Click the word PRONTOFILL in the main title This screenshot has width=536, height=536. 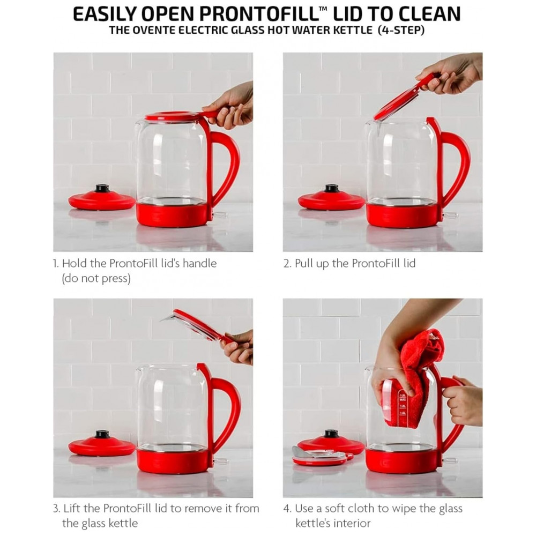(x=259, y=14)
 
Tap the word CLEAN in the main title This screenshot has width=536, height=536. (x=429, y=14)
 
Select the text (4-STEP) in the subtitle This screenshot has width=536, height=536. (x=401, y=30)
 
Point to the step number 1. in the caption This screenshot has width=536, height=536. (x=56, y=264)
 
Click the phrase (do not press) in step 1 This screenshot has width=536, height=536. (x=96, y=278)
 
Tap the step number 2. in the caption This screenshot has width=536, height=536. (x=287, y=264)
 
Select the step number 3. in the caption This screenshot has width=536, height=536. (x=56, y=508)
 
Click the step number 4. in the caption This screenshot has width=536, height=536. (x=287, y=508)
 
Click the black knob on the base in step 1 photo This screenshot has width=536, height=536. (x=102, y=188)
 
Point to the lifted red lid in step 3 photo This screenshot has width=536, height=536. (x=198, y=324)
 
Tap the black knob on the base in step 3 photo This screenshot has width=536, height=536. (x=102, y=435)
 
